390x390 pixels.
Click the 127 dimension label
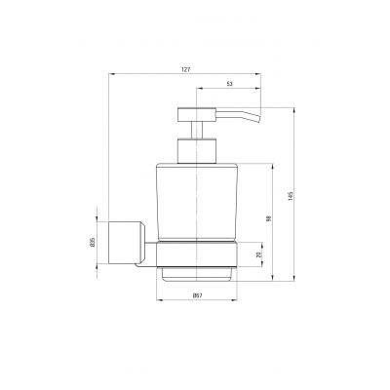[185, 69]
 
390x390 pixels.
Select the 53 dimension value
[229, 84]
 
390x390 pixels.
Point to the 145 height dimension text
[291, 195]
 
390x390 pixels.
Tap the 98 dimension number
[268, 218]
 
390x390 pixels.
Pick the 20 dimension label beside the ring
[258, 254]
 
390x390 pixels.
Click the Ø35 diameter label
[92, 242]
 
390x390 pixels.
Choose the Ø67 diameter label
[198, 295]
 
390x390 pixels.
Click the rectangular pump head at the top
[197, 114]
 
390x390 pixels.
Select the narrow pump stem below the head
[197, 131]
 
